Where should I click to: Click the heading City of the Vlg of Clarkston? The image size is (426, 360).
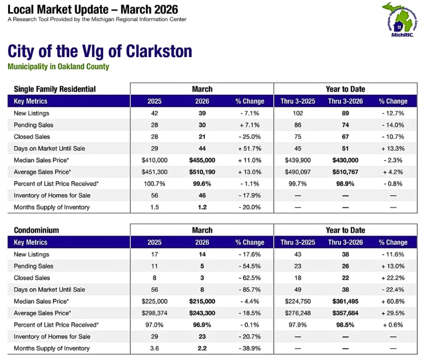(100, 52)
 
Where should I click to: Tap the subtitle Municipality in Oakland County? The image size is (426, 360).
(58, 67)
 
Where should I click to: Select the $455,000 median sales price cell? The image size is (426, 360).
(202, 160)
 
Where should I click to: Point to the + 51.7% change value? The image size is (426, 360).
(250, 148)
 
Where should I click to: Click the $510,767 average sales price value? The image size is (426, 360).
(344, 172)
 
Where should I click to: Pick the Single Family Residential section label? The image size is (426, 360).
(55, 89)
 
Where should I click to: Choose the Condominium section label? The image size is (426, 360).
(37, 230)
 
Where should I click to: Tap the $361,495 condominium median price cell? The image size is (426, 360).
(344, 301)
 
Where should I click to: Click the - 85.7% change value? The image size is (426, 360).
(250, 289)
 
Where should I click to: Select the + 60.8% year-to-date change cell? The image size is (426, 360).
(393, 301)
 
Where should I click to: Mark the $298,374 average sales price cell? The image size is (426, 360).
(154, 313)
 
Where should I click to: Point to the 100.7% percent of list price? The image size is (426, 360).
(154, 184)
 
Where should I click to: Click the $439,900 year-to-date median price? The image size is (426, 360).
(298, 160)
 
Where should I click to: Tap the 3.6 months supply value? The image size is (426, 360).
(154, 348)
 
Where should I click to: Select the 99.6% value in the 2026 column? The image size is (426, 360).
(202, 184)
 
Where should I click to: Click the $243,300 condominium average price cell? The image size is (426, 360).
(202, 313)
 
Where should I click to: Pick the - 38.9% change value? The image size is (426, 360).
(250, 348)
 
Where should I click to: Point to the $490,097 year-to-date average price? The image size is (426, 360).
(298, 172)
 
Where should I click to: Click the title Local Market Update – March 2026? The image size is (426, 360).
(93, 10)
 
